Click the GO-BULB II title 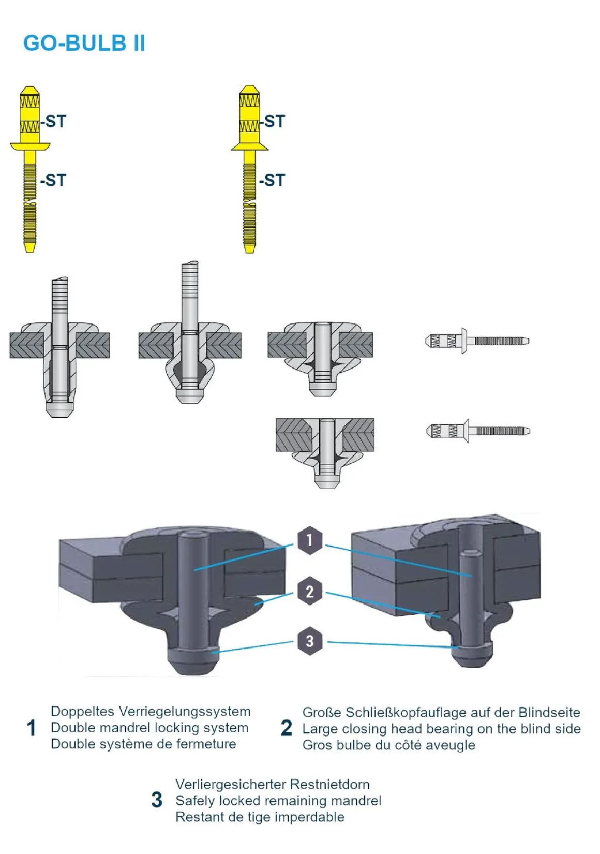(84, 43)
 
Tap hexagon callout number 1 (309, 540)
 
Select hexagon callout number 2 (309, 591)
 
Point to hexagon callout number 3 (309, 641)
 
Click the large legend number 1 (31, 728)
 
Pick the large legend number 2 (286, 728)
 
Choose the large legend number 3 (157, 800)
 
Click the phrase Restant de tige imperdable (260, 817)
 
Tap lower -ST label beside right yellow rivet (272, 181)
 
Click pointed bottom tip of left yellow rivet (30, 249)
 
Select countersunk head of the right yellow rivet (249, 145)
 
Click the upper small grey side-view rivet (477, 341)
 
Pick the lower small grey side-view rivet (478, 431)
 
